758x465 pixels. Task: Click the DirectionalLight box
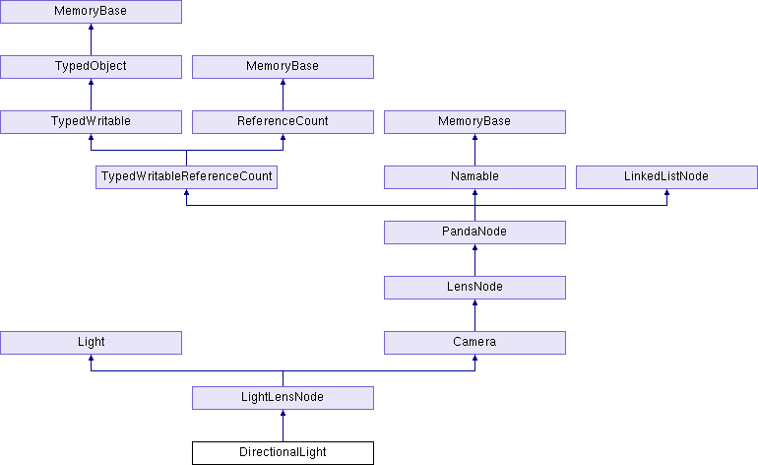click(x=283, y=453)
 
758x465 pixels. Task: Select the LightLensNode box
click(x=283, y=398)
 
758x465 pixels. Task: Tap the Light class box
click(x=91, y=343)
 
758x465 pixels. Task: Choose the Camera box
click(x=474, y=343)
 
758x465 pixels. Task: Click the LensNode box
click(x=474, y=288)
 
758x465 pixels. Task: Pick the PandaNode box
click(x=474, y=232)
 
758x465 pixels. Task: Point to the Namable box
click(x=474, y=177)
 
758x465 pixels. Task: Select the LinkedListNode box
click(x=666, y=177)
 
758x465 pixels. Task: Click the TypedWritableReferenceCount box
click(x=187, y=177)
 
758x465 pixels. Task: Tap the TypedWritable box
click(x=91, y=122)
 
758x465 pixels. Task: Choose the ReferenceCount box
click(x=283, y=122)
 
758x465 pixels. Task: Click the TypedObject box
click(x=91, y=67)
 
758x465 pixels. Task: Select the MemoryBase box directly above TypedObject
click(x=91, y=12)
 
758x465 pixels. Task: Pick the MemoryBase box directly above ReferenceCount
click(x=283, y=67)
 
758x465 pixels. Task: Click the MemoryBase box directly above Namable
click(x=474, y=122)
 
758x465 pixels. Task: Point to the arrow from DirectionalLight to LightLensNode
click(x=283, y=426)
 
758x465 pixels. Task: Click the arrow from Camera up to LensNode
click(x=474, y=315)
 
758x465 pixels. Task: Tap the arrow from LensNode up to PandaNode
click(x=474, y=260)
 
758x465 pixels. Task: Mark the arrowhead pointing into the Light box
click(x=91, y=358)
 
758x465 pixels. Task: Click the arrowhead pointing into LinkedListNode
click(x=666, y=192)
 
